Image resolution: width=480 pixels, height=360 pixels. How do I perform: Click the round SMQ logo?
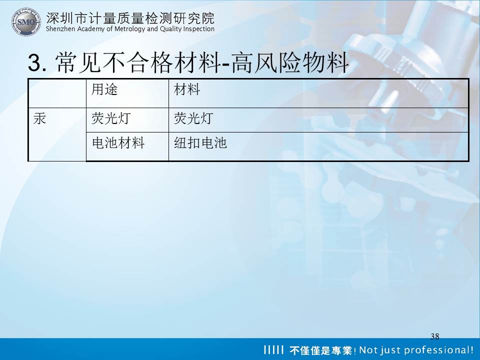(26, 21)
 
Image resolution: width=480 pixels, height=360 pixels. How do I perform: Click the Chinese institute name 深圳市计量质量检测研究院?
(130, 18)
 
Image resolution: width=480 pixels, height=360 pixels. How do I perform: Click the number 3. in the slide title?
(37, 62)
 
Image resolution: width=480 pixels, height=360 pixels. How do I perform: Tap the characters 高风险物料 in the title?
(290, 62)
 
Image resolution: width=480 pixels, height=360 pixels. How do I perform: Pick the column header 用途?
(104, 89)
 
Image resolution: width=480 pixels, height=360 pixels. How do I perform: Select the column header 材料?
(186, 89)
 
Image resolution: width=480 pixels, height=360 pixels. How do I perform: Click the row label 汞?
(40, 118)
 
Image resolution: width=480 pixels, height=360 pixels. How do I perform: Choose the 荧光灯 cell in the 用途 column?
(111, 118)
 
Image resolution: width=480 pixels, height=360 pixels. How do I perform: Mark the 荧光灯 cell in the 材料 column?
(193, 118)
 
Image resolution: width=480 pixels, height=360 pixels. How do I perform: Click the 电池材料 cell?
(118, 143)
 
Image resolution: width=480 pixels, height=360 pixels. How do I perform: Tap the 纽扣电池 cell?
(200, 143)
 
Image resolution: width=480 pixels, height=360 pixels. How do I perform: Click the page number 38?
(434, 336)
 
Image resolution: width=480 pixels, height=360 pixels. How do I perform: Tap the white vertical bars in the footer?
(273, 349)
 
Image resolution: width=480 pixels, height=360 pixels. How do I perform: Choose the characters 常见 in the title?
(78, 62)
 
